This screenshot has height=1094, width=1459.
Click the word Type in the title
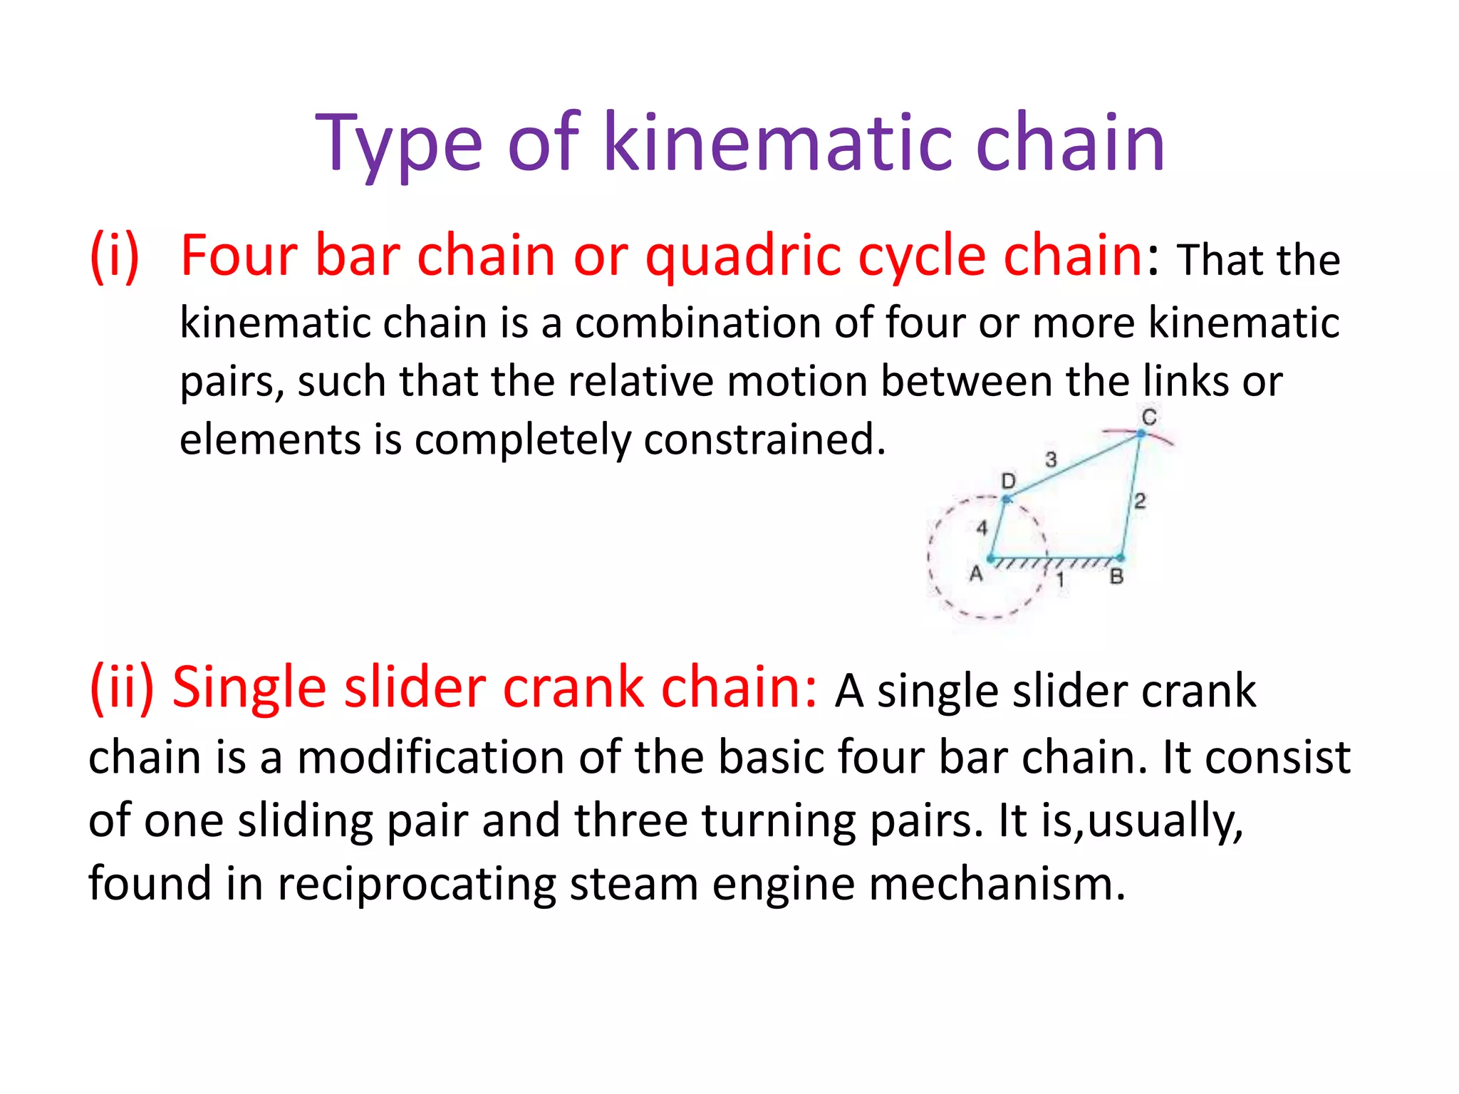(x=399, y=145)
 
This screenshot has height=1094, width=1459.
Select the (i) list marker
(x=114, y=256)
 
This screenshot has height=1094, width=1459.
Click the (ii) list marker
(x=121, y=687)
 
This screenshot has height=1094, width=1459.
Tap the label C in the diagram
(x=1148, y=417)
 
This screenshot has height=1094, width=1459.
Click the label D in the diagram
(x=1008, y=481)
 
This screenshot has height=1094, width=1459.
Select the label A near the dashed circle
(x=976, y=573)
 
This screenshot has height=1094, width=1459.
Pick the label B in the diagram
(x=1116, y=577)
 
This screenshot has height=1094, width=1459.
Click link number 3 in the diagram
(x=1051, y=459)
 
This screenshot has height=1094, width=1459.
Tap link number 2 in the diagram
(x=1140, y=501)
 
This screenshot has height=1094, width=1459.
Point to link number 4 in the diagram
(x=982, y=528)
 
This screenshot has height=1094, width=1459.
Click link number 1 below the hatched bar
(x=1060, y=580)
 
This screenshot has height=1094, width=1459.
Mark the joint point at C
(x=1141, y=433)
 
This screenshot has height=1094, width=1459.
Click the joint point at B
(x=1121, y=558)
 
